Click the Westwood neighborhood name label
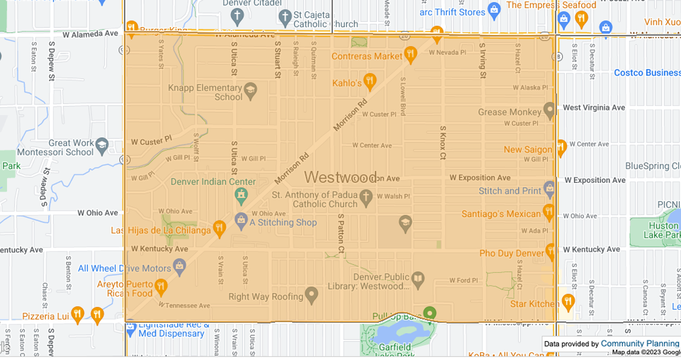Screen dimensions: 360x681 tap(340, 177)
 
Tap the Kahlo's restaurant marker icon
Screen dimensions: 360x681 tap(370, 81)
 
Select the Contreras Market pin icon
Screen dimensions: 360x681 tap(410, 54)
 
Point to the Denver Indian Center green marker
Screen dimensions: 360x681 tap(241, 195)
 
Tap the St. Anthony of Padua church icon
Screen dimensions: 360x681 tap(366, 196)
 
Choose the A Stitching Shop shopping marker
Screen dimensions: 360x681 tap(241, 220)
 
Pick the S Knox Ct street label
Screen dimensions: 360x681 tap(443, 143)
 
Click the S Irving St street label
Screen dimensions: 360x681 tap(482, 60)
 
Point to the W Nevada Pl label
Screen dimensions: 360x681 tap(447, 52)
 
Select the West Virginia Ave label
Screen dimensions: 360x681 tap(594, 107)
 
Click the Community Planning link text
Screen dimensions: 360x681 tap(640, 343)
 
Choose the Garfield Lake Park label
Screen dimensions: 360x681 tap(395, 348)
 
